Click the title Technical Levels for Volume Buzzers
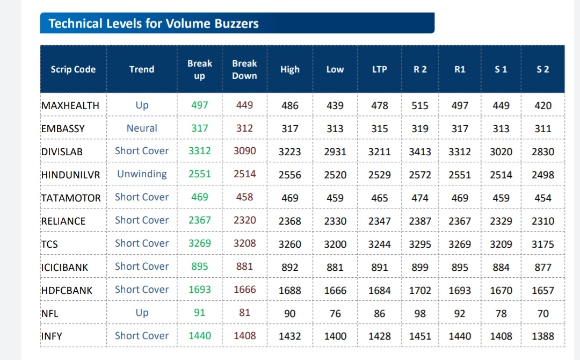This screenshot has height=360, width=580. [x=154, y=24]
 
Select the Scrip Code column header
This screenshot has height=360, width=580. [x=73, y=69]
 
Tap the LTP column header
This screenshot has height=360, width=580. [x=379, y=69]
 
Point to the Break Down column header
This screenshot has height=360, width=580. [x=244, y=69]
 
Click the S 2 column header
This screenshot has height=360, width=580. [x=543, y=69]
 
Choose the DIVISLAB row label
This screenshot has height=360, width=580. [x=62, y=152]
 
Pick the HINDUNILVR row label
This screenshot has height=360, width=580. [x=70, y=175]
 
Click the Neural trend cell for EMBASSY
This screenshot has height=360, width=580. [x=142, y=128]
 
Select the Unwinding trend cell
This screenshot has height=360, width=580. [x=142, y=174]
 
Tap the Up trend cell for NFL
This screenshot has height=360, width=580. [x=142, y=313]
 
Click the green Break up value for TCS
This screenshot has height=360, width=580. [x=200, y=243]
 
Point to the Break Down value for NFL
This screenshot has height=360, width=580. [x=244, y=313]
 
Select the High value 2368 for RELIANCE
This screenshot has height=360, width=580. [x=290, y=221]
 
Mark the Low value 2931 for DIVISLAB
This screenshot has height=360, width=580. [x=335, y=152]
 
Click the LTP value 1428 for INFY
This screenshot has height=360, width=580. [x=380, y=336]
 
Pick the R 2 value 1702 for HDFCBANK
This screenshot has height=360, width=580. [x=420, y=291]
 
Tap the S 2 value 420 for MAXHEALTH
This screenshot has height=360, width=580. [x=543, y=106]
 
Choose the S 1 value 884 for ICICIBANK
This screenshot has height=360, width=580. [x=501, y=267]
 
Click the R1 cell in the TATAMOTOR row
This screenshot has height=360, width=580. [x=460, y=198]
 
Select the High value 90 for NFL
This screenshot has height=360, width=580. [x=290, y=314]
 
